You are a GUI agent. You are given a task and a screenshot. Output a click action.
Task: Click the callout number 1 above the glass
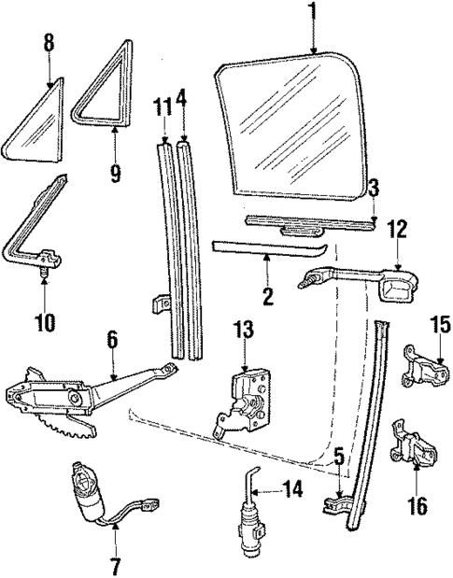click(313, 11)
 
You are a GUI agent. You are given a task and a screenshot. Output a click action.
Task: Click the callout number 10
click(43, 323)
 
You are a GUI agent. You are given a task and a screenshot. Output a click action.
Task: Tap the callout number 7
click(115, 565)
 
